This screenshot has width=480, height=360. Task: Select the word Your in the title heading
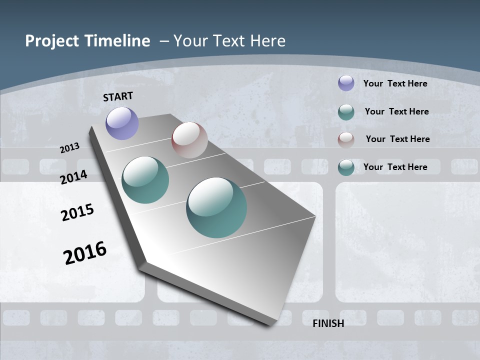click(x=190, y=41)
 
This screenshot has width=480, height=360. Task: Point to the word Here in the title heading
click(x=267, y=41)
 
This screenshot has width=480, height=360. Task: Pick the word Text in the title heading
click(x=229, y=41)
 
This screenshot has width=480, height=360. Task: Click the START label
click(x=118, y=96)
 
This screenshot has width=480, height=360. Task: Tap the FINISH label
click(x=328, y=323)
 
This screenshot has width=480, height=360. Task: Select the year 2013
click(x=70, y=148)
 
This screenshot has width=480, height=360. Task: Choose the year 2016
click(x=85, y=253)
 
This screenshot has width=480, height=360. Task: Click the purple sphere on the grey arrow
click(x=122, y=123)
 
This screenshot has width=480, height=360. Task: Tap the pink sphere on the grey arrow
click(x=189, y=140)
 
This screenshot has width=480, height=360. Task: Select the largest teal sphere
click(x=216, y=207)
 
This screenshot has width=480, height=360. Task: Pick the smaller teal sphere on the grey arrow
click(x=145, y=180)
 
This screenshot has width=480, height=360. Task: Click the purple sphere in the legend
click(x=346, y=83)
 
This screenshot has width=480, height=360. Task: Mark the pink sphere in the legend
click(x=346, y=139)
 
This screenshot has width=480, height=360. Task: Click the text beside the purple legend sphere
click(x=395, y=83)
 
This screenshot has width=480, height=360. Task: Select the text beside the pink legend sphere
click(x=397, y=139)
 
